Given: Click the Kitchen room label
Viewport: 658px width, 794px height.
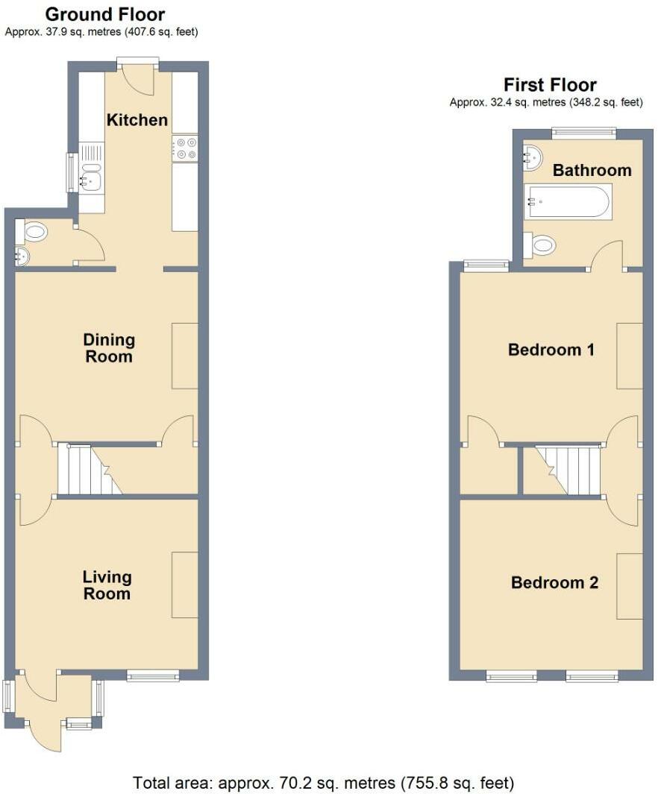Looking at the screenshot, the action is coord(137,120).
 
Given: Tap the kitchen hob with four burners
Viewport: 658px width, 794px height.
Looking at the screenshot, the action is coord(185,148).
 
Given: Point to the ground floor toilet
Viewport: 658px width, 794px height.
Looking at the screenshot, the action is coord(31,233).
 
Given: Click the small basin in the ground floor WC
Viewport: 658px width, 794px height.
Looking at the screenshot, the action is coord(22,256).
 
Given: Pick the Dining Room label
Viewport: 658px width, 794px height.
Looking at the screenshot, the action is coord(109,348).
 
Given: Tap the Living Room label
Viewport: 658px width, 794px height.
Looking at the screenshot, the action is coord(107,585).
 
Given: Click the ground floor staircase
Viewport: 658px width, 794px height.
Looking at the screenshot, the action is coord(90,470).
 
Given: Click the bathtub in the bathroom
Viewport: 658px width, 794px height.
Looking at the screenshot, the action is coord(567,201).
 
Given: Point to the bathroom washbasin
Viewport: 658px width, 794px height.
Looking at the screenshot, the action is coord(532,157).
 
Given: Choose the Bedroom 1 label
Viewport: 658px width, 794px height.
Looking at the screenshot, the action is coord(551,350).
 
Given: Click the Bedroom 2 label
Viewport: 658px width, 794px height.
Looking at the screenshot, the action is coord(554,582).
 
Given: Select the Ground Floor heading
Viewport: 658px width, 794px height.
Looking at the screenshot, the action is coord(105,14).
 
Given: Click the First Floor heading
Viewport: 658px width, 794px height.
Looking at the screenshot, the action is coord(550,84).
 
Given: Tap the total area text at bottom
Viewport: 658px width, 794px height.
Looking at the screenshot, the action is coord(324,783).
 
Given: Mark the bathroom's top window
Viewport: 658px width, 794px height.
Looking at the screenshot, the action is coord(584,133).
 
